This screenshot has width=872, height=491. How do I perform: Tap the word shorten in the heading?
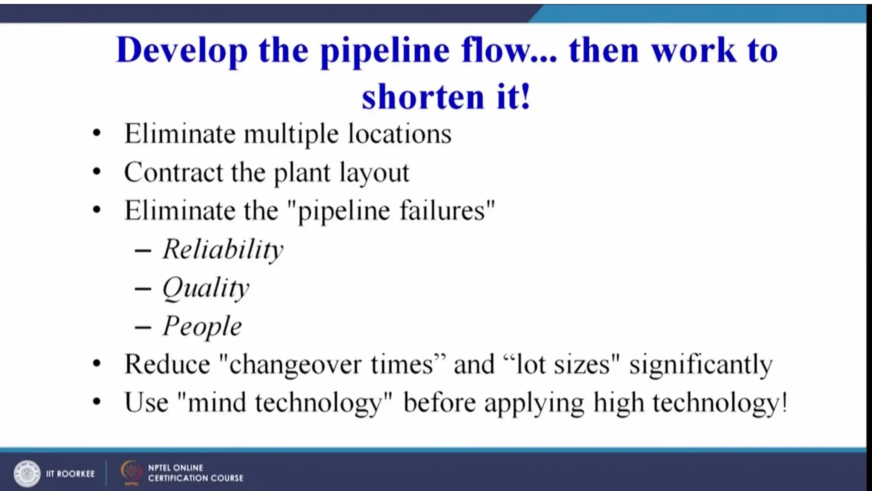[423, 97]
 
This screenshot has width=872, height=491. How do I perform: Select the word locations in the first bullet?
[400, 134]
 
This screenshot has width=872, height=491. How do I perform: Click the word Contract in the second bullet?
[173, 172]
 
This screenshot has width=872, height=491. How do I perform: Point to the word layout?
[374, 173]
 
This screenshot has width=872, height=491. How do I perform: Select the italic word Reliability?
[223, 249]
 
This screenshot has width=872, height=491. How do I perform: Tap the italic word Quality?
[206, 288]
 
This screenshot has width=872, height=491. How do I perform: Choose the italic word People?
[202, 326]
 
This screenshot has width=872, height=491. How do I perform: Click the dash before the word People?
[143, 327]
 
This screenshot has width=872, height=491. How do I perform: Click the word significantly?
[701, 365]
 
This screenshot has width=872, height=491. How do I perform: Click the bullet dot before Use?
[97, 401]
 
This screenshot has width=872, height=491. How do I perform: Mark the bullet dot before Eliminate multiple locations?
[97, 133]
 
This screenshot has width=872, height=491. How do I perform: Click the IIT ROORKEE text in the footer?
[70, 474]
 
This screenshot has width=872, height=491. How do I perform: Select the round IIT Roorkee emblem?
[27, 473]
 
